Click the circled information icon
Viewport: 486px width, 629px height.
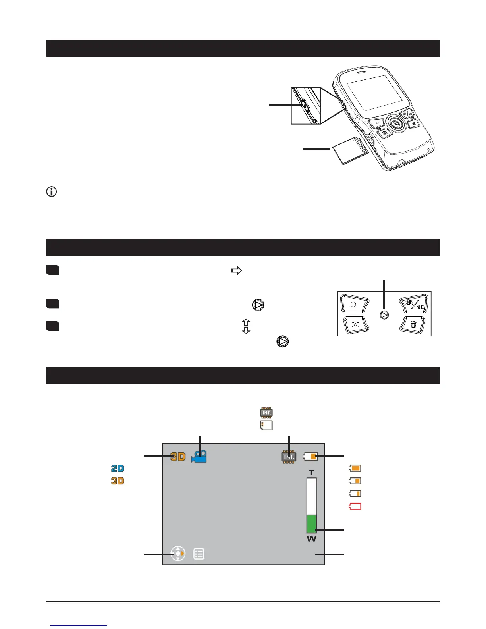pos(52,192)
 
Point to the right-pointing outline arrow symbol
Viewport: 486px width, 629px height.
pos(237,271)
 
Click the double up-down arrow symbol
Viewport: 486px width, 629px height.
pos(246,326)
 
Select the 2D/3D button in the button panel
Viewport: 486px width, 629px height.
pos(414,305)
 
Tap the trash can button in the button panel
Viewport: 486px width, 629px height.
pos(413,325)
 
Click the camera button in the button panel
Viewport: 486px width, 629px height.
pos(355,324)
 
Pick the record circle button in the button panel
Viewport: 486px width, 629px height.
pos(353,304)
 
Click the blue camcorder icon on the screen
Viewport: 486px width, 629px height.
pos(199,457)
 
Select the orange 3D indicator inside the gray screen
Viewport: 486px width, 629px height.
pos(178,457)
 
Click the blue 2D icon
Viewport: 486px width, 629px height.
pos(118,469)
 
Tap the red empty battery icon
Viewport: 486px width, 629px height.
pos(355,506)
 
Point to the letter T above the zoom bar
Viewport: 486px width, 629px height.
pos(312,473)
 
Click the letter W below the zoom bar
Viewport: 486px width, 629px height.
pos(312,539)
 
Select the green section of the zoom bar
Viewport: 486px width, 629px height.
pos(312,524)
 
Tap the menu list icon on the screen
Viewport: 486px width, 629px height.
pos(199,554)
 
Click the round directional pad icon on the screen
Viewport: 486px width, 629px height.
pos(178,553)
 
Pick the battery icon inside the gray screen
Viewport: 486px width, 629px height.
pos(310,457)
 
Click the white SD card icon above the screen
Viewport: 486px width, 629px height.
pos(266,425)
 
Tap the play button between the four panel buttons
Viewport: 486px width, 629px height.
pos(384,315)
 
